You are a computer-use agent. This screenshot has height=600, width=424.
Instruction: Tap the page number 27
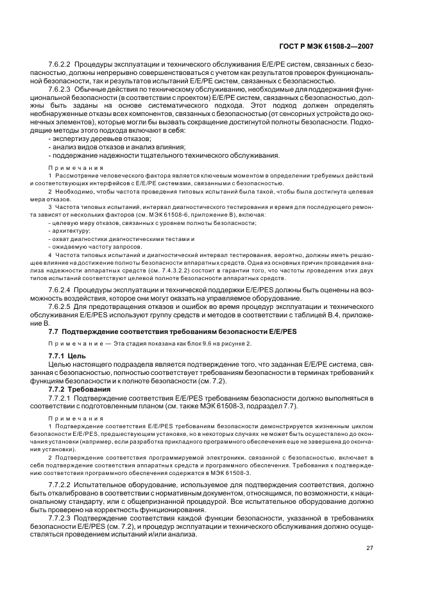pyautogui.click(x=369, y=548)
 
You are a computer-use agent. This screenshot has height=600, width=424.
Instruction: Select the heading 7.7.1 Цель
pyautogui.click(x=64, y=354)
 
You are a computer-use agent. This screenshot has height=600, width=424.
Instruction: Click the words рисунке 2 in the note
pyautogui.click(x=235, y=343)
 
